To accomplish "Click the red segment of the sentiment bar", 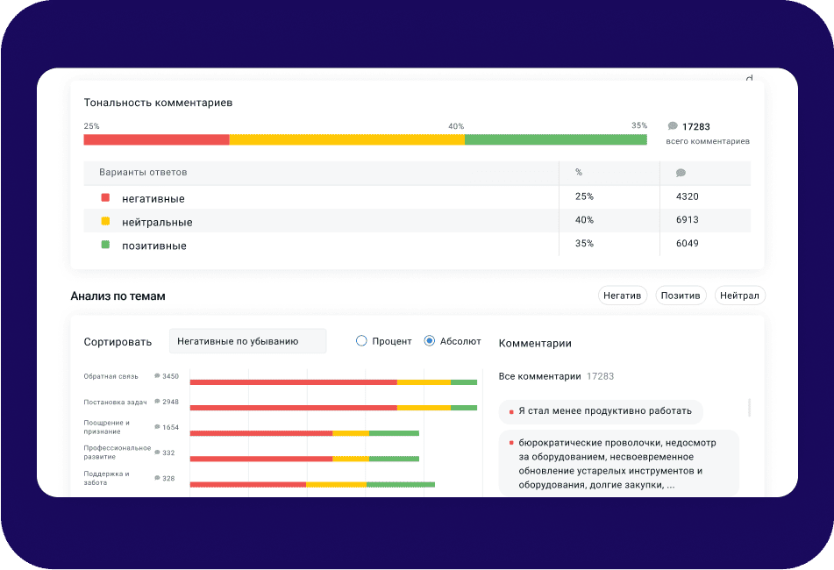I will pyautogui.click(x=156, y=139).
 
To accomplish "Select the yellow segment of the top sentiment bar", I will pyautogui.click(x=346, y=139).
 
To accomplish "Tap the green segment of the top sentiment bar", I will pyautogui.click(x=555, y=139).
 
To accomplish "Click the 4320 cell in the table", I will pyautogui.click(x=687, y=196).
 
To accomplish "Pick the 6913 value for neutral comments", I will pyautogui.click(x=687, y=220).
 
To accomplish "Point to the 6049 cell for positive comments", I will pyautogui.click(x=687, y=243).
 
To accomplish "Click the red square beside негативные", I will pyautogui.click(x=105, y=198).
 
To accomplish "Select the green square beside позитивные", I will pyautogui.click(x=105, y=245).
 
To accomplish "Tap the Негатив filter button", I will pyautogui.click(x=623, y=296).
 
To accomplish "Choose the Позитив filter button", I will pyautogui.click(x=681, y=296).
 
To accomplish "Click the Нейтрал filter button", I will pyautogui.click(x=739, y=296).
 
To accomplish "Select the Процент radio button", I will pyautogui.click(x=361, y=341).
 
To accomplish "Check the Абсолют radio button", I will pyautogui.click(x=429, y=341).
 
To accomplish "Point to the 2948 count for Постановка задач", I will pyautogui.click(x=170, y=402).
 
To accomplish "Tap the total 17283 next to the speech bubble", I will pyautogui.click(x=695, y=127).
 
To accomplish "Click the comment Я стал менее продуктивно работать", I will pyautogui.click(x=604, y=410).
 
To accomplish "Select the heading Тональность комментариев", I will pyautogui.click(x=158, y=103).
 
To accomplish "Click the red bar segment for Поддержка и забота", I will pyautogui.click(x=247, y=484).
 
